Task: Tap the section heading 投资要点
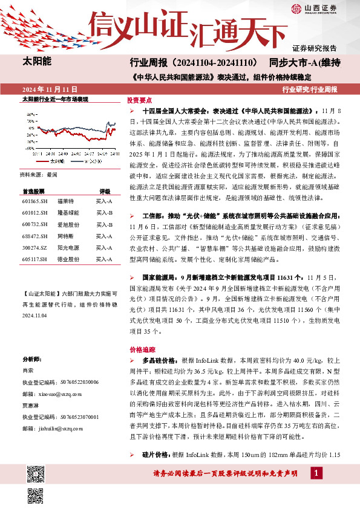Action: tap(139, 100)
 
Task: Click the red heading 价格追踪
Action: tap(139, 349)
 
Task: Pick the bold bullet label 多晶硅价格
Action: tap(159, 360)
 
